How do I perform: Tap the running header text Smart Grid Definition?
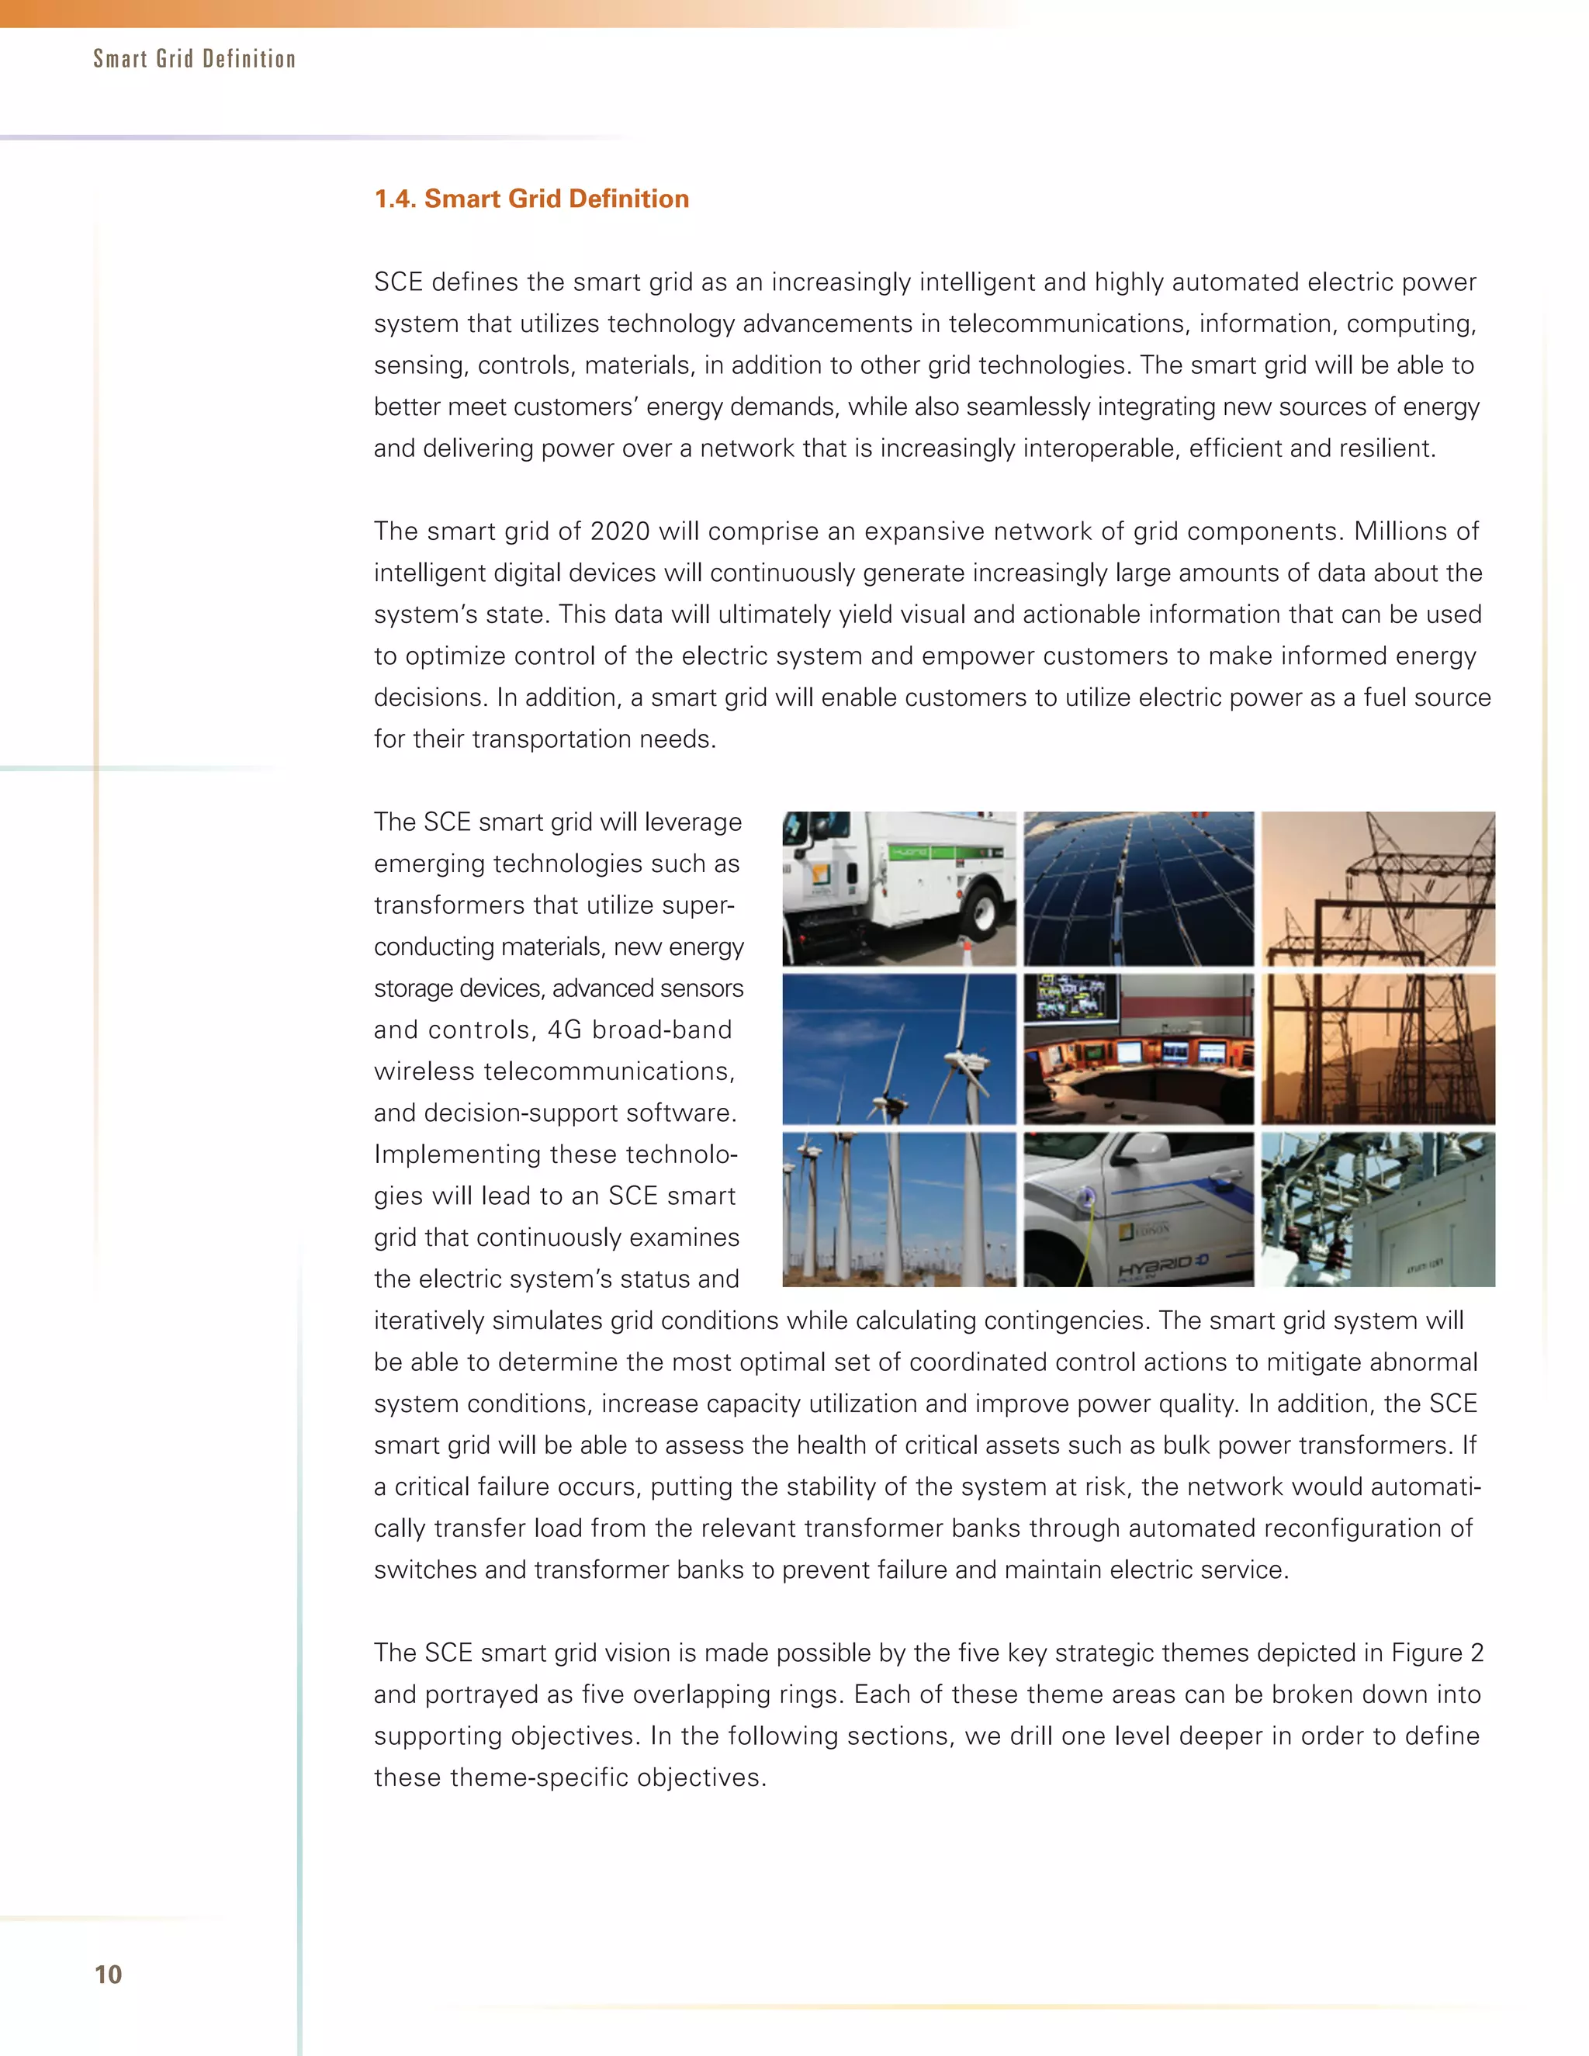pyautogui.click(x=194, y=59)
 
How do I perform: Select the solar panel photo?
pyautogui.click(x=1138, y=888)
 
